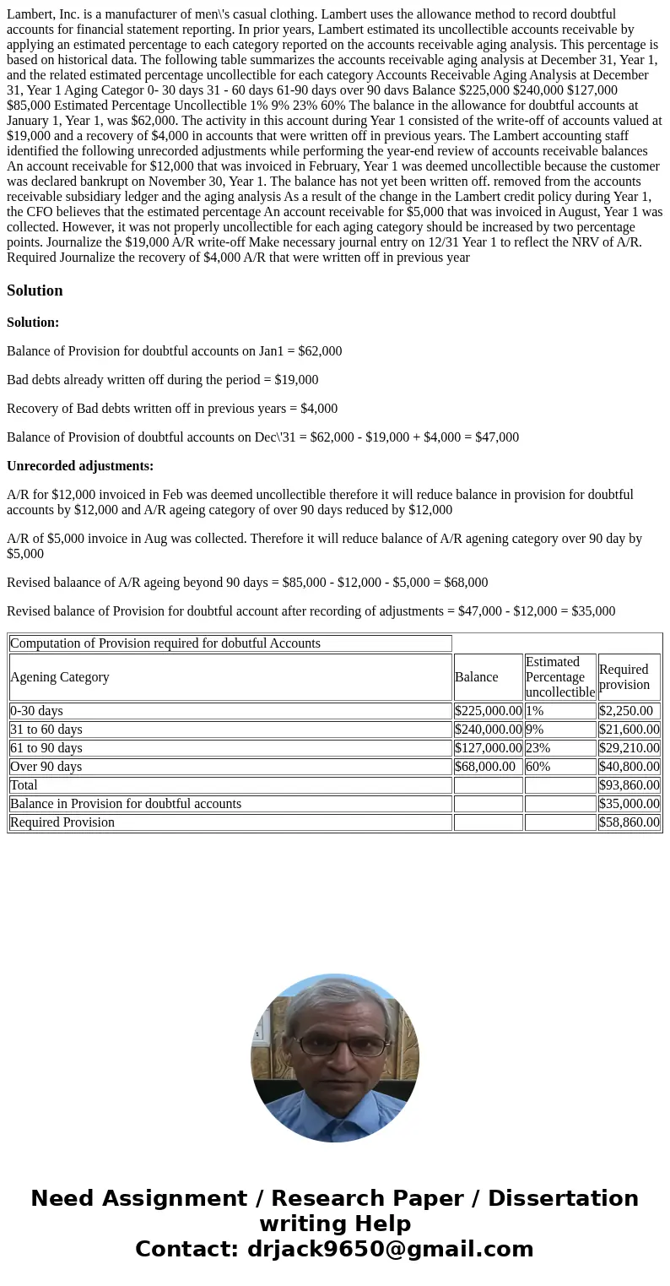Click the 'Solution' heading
(35, 290)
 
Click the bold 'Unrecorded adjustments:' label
(80, 466)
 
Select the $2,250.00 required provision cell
(629, 711)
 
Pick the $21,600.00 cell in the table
(629, 730)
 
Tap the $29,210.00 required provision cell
(629, 748)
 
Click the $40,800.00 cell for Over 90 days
(629, 767)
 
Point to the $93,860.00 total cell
(629, 785)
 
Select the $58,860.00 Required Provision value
(629, 822)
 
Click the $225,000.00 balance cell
(488, 711)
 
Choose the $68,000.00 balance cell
(484, 767)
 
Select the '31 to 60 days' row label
(46, 730)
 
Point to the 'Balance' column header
(477, 677)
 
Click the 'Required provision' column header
(624, 677)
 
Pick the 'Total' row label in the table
(24, 785)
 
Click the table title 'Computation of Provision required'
(165, 643)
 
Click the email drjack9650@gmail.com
(390, 1250)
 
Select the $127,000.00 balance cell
(488, 748)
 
